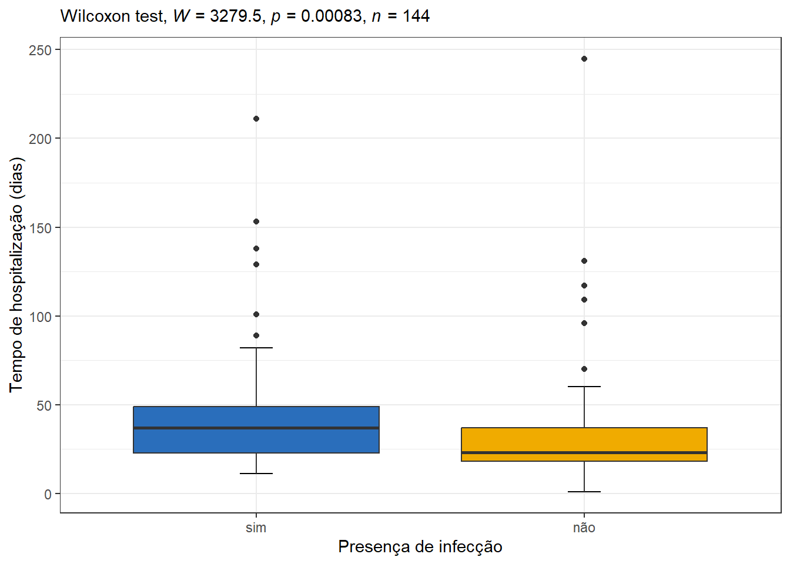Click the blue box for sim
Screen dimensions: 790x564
tap(256, 430)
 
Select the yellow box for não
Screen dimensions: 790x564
tap(584, 445)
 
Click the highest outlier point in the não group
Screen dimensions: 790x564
tap(584, 59)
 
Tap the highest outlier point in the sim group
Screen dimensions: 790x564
tap(256, 119)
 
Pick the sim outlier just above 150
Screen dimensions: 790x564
tap(256, 221)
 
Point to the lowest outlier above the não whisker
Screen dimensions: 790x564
tap(584, 369)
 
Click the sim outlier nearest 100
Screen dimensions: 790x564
tap(256, 314)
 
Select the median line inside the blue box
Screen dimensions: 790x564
tap(256, 428)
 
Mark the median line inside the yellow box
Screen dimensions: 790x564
tap(584, 452)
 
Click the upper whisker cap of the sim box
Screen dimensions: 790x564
tap(256, 348)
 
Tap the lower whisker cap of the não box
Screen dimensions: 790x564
tap(584, 492)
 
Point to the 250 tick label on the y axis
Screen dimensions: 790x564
tap(40, 51)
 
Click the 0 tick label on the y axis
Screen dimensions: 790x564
tap(48, 494)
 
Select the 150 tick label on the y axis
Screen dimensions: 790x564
tap(40, 228)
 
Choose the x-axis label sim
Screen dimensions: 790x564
tap(256, 528)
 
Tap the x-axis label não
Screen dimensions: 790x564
tap(584, 528)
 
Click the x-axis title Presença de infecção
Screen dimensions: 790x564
tap(420, 547)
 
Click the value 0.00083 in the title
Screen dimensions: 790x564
tap(332, 16)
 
